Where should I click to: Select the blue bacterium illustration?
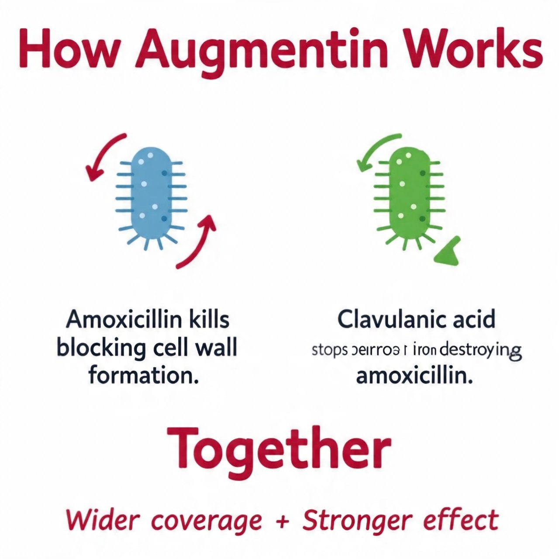point(151,197)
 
